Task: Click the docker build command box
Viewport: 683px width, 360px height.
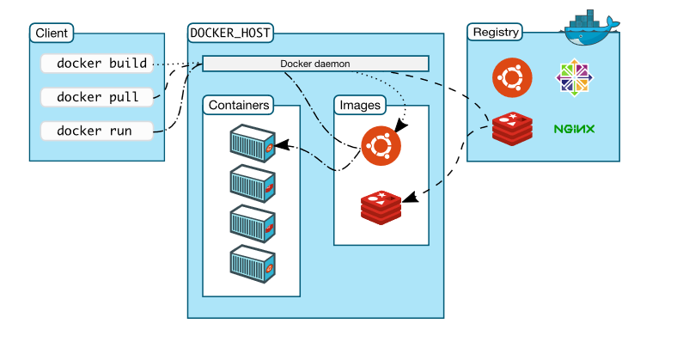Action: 101,64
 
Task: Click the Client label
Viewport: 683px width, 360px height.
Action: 52,33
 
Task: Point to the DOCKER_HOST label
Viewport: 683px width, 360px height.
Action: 229,33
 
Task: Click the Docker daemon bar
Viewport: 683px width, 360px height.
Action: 315,64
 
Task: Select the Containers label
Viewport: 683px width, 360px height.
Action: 239,106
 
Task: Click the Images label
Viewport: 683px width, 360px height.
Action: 361,106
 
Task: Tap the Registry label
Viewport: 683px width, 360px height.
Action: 495,33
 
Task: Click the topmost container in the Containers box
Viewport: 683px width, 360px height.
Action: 253,143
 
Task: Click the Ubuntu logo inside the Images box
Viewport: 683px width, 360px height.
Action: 381,145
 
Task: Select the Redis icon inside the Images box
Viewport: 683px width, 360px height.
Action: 381,207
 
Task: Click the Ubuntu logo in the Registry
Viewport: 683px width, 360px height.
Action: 510,78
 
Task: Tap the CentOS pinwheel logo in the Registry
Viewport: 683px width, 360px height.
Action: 575,78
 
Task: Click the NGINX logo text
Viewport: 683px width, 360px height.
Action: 575,130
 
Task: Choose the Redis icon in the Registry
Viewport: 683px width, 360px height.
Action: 512,129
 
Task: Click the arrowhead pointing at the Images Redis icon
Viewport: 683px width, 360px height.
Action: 410,197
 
